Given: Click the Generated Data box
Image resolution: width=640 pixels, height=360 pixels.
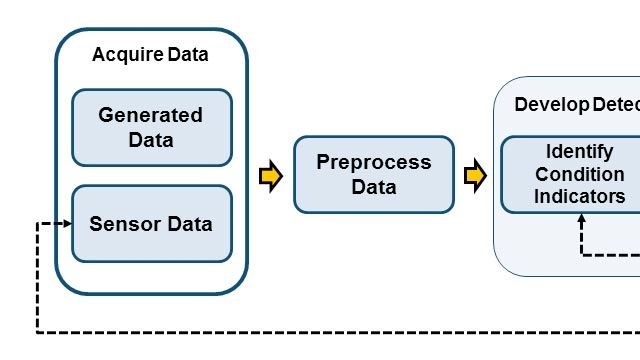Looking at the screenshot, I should pyautogui.click(x=151, y=127).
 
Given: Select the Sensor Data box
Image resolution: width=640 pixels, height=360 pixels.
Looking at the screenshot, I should pyautogui.click(x=151, y=224).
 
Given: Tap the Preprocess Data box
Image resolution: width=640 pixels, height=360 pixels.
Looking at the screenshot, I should pyautogui.click(x=374, y=174).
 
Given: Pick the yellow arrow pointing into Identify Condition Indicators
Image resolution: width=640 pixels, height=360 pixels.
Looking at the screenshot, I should pyautogui.click(x=475, y=176).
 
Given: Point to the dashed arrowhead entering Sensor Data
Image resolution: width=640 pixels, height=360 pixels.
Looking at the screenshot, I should pyautogui.click(x=68, y=224).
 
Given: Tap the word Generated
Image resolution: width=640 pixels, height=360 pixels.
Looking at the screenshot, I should pyautogui.click(x=151, y=115).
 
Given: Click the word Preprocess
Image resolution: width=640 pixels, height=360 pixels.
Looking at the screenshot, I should pyautogui.click(x=374, y=162).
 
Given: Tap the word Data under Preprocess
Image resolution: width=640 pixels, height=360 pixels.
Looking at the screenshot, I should pyautogui.click(x=374, y=187).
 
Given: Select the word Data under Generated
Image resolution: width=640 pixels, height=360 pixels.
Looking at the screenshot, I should pyautogui.click(x=151, y=140).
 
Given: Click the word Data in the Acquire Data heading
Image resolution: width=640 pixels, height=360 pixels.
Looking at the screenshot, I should pyautogui.click(x=186, y=55).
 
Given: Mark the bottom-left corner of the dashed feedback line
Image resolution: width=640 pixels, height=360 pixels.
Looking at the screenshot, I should pyautogui.click(x=37, y=331).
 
